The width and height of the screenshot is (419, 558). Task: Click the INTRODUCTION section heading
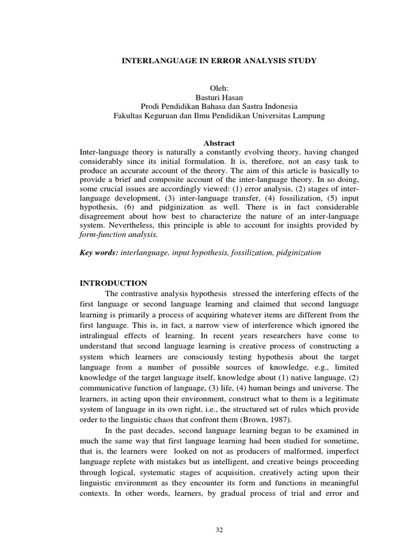pos(113,283)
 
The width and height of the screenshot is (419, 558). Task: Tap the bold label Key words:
pos(98,253)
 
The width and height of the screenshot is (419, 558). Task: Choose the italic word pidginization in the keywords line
pos(300,253)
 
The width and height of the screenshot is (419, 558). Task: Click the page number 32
pos(219,529)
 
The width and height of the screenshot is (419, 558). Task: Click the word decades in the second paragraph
pos(154,431)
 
